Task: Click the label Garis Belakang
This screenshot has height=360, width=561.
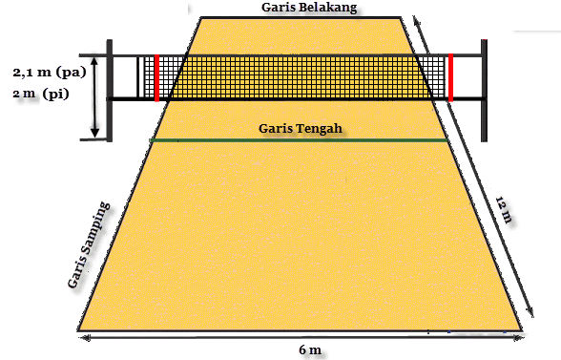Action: click(x=309, y=8)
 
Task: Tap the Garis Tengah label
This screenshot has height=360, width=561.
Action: click(x=300, y=129)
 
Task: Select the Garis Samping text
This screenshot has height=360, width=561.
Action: click(x=89, y=246)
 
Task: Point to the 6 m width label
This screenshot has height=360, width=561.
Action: click(x=310, y=350)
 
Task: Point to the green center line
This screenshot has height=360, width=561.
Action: click(x=300, y=141)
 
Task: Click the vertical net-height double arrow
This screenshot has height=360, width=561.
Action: click(x=93, y=101)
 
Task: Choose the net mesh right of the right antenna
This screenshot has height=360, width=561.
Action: click(x=440, y=76)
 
